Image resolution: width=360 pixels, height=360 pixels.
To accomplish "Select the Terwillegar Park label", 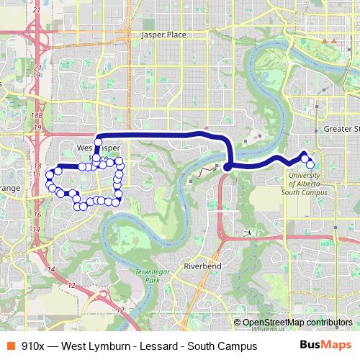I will point(153,275).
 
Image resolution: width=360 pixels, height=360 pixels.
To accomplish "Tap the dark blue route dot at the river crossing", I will point(227,167).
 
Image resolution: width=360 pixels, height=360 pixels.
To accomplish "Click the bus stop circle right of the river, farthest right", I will point(310,165).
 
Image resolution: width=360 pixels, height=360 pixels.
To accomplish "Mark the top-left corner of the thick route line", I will point(97,136).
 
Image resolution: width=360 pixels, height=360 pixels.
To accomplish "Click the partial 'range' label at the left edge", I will point(9,189).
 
